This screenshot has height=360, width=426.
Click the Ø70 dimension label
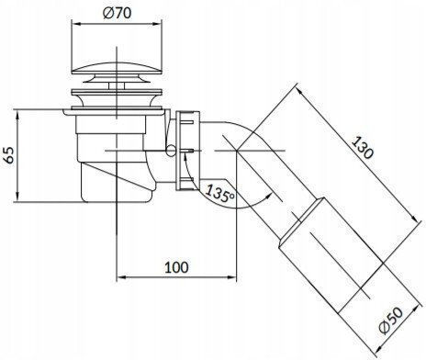(117, 13)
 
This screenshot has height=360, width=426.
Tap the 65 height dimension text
(9, 155)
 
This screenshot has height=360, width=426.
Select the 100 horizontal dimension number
(176, 267)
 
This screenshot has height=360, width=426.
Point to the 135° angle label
(219, 193)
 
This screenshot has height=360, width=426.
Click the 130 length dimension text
(363, 148)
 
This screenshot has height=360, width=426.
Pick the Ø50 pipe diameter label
(391, 321)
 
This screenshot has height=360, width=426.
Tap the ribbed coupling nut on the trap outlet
(188, 151)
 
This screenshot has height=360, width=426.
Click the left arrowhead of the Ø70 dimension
(76, 24)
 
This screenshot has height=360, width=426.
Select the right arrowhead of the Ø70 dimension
(156, 24)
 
